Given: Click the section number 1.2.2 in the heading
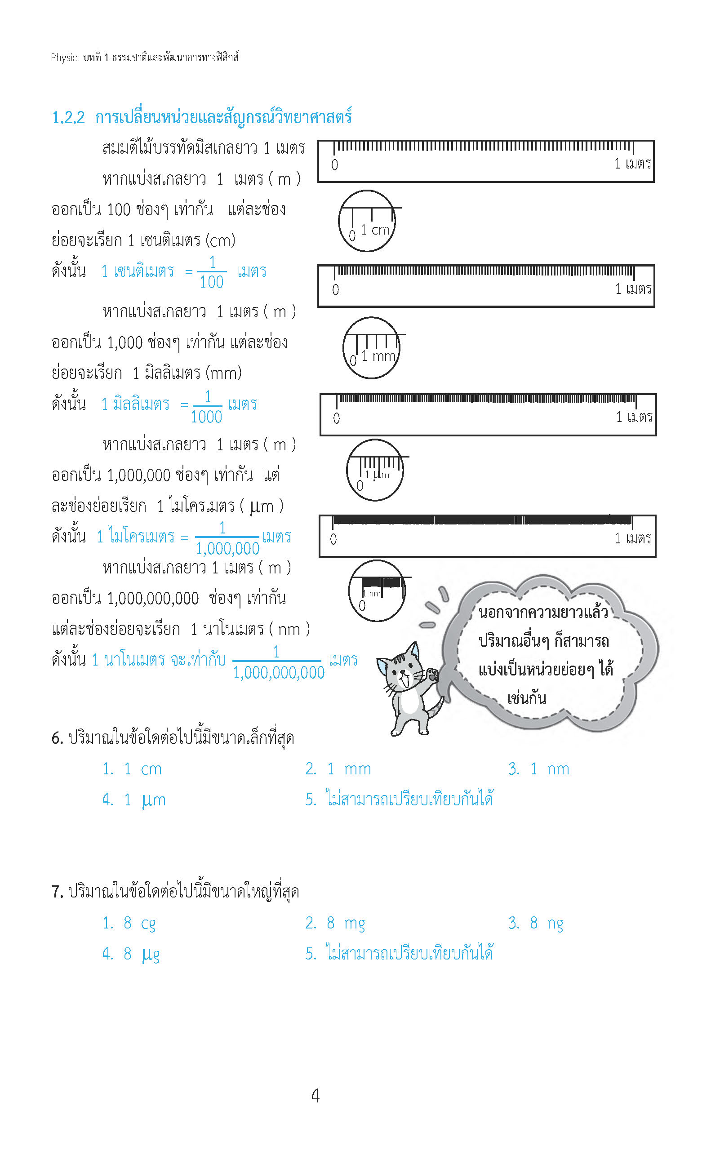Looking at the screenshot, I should pyautogui.click(x=68, y=117).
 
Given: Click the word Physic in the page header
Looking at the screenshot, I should pyautogui.click(x=63, y=58).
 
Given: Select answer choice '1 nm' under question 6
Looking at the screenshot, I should pyautogui.click(x=549, y=769).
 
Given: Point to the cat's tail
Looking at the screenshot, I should pyautogui.click(x=437, y=707).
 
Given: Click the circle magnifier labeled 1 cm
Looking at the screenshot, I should pyautogui.click(x=367, y=221).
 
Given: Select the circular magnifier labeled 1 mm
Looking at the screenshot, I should pyautogui.click(x=372, y=348).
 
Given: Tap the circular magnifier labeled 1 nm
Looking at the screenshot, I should pyautogui.click(x=376, y=591).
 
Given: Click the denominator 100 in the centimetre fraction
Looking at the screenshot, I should pyautogui.click(x=212, y=282).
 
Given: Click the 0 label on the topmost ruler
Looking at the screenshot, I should pyautogui.click(x=334, y=165).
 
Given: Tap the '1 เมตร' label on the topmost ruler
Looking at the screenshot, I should pyautogui.click(x=632, y=164).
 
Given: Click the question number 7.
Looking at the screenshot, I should pyautogui.click(x=57, y=892).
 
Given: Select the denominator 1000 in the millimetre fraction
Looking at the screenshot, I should pyautogui.click(x=206, y=417).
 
